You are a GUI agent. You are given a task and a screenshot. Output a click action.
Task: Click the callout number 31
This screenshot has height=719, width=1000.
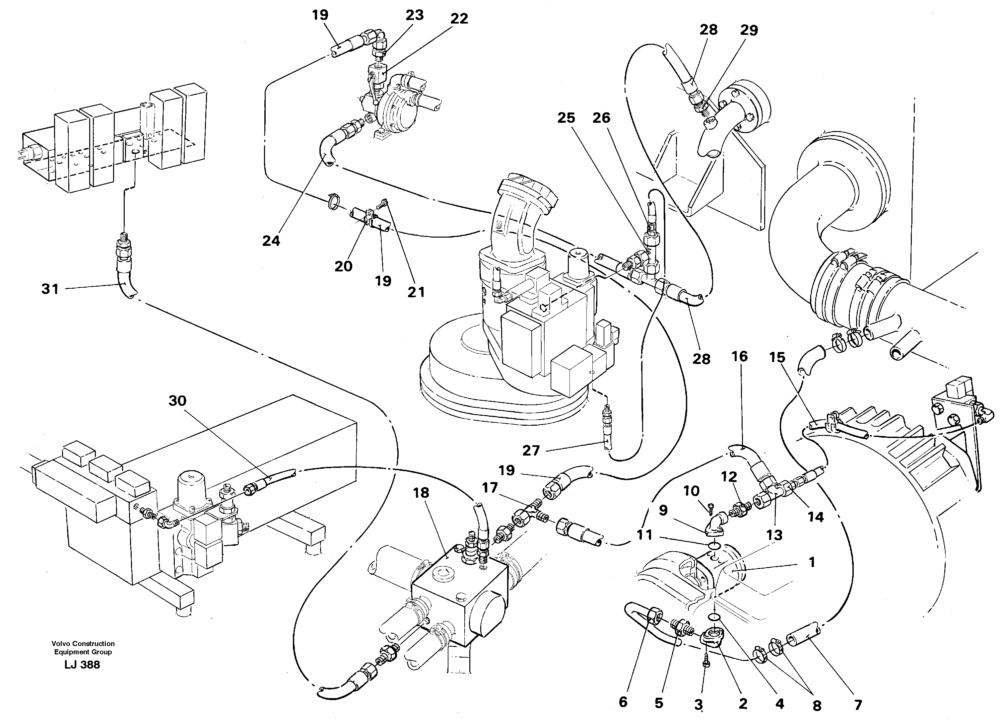click(50, 289)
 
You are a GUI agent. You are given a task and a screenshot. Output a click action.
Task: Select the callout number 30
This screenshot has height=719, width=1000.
click(177, 400)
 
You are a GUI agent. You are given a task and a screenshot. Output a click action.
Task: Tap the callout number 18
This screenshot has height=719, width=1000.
click(421, 493)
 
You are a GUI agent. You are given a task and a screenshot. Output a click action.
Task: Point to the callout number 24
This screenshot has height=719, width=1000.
click(271, 241)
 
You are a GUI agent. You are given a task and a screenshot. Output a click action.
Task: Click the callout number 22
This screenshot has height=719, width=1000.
click(459, 19)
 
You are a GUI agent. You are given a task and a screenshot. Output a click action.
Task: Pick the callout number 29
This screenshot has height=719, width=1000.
click(749, 30)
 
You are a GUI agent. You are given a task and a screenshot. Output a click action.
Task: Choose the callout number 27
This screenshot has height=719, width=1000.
click(531, 450)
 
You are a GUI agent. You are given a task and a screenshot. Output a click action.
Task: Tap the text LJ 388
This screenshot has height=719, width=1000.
click(82, 665)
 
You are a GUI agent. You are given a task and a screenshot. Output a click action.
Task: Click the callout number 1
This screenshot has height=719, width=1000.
click(812, 562)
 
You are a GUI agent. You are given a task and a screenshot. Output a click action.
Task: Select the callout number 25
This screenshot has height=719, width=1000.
click(566, 118)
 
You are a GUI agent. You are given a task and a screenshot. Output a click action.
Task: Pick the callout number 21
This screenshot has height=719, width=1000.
click(416, 292)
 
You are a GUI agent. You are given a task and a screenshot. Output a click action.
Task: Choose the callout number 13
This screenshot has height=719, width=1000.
click(774, 535)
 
